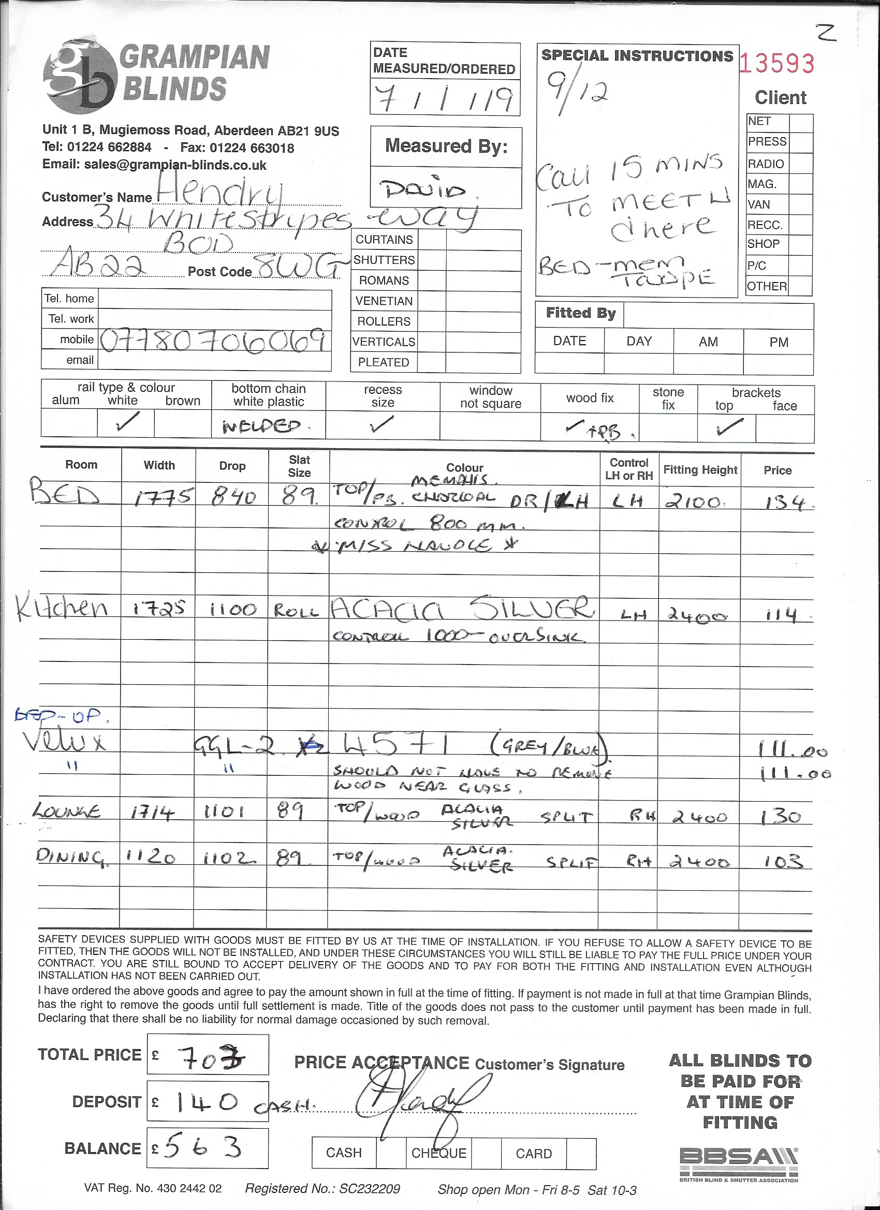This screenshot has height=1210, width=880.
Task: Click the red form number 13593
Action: coord(777,64)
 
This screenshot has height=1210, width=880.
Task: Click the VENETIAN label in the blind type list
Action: coord(384,301)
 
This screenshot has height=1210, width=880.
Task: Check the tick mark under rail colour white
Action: coord(125,424)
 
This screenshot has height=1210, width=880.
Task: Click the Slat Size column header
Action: coord(299,466)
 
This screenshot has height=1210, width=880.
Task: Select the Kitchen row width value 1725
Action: coord(158,609)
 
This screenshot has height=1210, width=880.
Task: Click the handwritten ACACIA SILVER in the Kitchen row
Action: coord(462,608)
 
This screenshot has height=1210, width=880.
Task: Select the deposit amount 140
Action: coord(206,1102)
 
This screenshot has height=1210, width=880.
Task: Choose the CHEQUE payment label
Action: coord(438,1153)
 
